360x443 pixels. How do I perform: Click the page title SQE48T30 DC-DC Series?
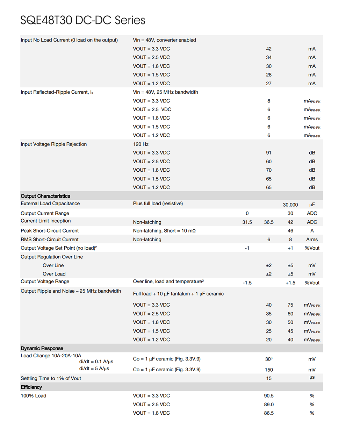point(83,20)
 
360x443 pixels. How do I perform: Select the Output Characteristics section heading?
point(45,196)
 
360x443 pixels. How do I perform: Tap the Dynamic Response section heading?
point(42,348)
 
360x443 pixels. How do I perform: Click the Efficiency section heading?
point(31,387)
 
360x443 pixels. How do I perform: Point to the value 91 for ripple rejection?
point(268,153)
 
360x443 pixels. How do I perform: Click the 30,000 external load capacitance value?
point(290,205)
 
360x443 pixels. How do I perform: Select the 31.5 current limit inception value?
point(247,222)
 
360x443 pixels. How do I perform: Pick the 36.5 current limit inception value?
point(268,222)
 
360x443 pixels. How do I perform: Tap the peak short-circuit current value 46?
point(290,231)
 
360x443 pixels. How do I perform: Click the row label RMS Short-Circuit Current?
point(50,240)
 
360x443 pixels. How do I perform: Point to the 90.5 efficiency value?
point(268,396)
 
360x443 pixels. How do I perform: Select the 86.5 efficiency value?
point(268,413)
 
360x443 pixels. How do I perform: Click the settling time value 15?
point(268,378)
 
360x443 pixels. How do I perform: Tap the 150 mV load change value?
point(268,370)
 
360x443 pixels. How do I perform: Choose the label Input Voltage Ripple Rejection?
point(53,144)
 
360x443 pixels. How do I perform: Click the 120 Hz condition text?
point(141,144)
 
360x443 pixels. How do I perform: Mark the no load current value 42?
point(268,49)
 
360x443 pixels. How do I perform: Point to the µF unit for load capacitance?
point(312,205)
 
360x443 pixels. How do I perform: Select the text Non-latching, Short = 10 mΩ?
point(164,231)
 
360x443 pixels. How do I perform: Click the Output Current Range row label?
point(45,213)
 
